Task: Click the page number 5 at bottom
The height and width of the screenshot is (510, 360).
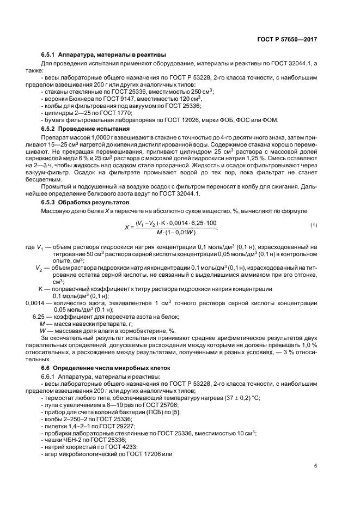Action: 315,465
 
